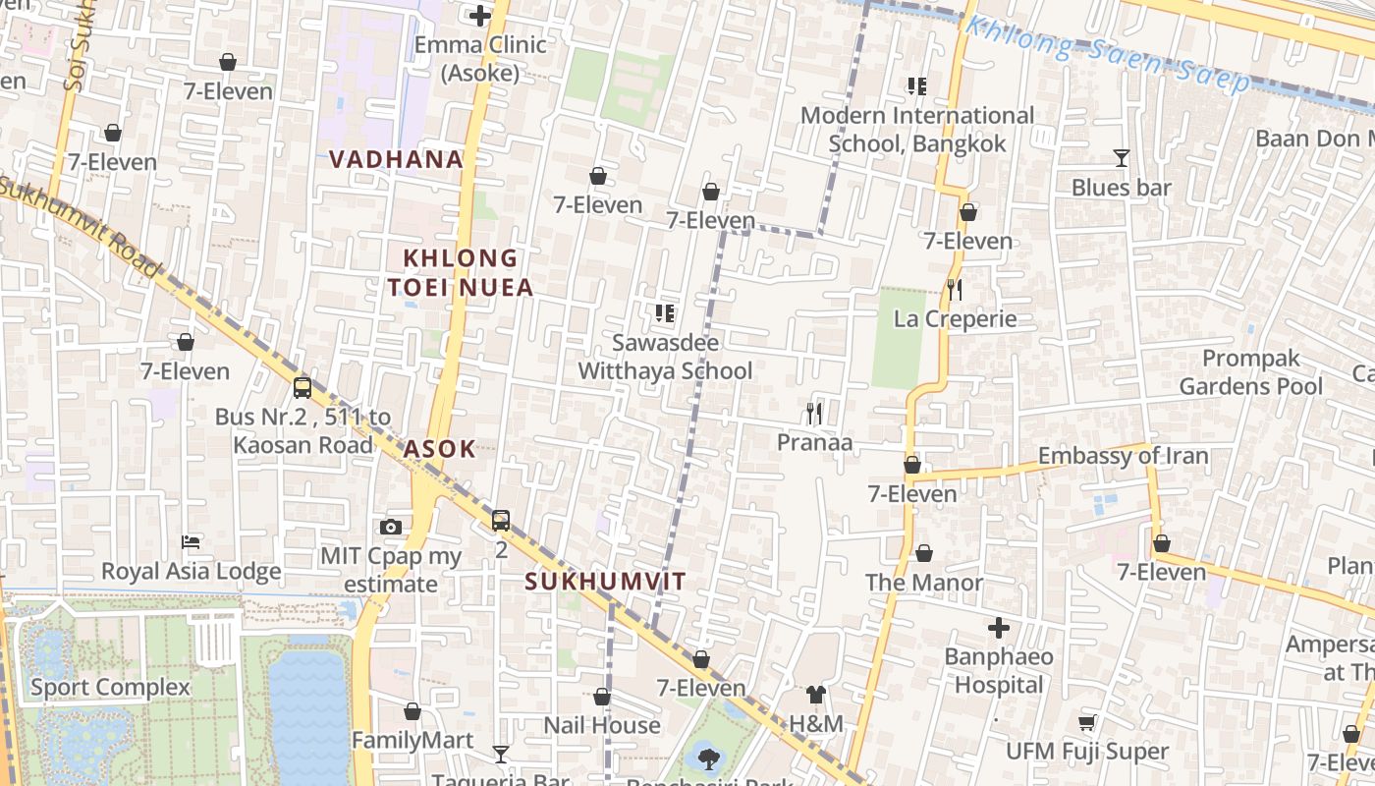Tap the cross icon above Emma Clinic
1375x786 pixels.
point(479,16)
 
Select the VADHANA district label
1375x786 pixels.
point(396,159)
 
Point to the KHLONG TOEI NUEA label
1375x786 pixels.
point(461,272)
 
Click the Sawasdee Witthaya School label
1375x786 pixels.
point(665,357)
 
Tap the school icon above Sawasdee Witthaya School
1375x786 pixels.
point(665,313)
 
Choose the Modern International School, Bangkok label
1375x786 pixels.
point(917,130)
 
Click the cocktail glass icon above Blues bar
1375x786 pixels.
point(1121,158)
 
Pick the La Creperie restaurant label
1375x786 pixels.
point(955,319)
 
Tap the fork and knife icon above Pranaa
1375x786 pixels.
point(814,414)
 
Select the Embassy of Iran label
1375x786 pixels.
point(1123,456)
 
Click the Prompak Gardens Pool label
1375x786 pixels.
point(1251,372)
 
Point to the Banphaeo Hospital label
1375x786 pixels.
point(999,671)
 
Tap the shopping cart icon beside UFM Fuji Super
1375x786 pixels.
point(1087,723)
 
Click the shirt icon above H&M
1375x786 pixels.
point(815,695)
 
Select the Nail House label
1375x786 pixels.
point(602,725)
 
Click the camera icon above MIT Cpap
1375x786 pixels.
point(391,527)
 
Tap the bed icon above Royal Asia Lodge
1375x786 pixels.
point(192,542)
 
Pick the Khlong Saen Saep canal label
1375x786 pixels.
point(1107,54)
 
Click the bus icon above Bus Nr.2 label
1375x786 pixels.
point(302,387)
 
